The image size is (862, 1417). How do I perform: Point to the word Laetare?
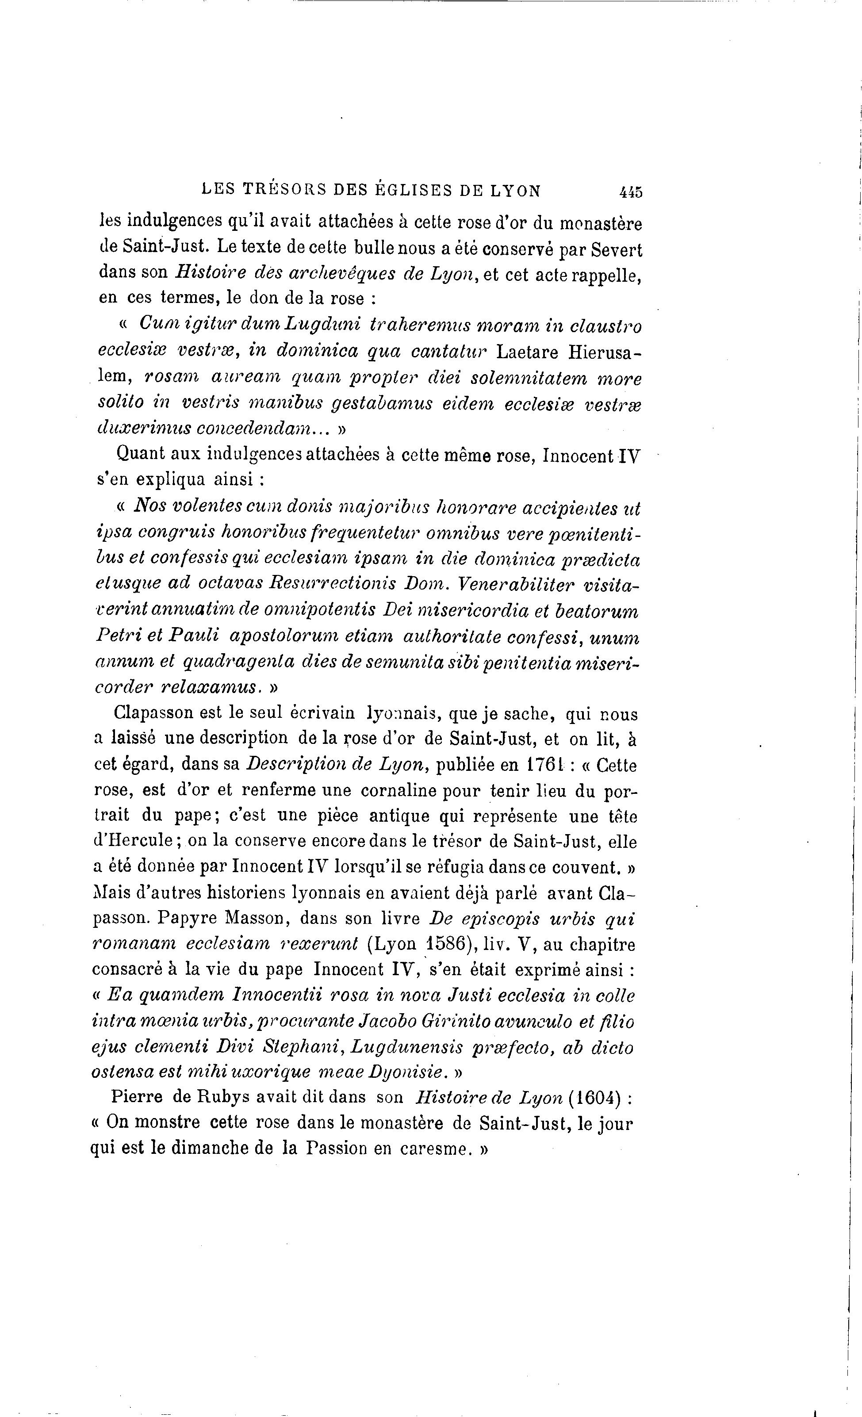pyautogui.click(x=529, y=351)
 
